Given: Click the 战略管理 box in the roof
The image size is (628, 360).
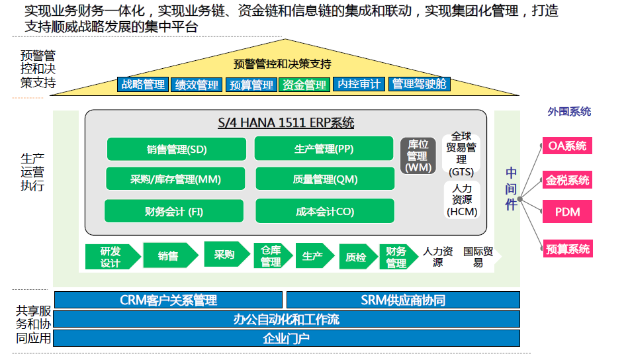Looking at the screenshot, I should tap(143, 85).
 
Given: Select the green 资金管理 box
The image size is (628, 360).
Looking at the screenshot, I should tap(304, 85).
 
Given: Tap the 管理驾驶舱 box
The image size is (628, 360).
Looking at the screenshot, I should tap(420, 84).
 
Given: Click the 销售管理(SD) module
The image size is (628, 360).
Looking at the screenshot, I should tap(177, 149).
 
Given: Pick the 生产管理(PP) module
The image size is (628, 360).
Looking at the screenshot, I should tap(324, 149).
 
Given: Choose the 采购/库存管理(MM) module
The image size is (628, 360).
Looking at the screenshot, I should tap(175, 179).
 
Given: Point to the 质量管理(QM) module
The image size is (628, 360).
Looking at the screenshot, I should tap(324, 179).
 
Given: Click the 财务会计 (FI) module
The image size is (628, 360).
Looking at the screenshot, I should tap(174, 211).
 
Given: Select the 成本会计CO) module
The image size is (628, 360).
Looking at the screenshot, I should tap(324, 211).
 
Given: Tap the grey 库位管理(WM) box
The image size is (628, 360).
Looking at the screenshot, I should tap(418, 156).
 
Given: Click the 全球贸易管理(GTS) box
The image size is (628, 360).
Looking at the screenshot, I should tap(461, 154).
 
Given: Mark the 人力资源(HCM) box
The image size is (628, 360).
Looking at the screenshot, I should tap(461, 200).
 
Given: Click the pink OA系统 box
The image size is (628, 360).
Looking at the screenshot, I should tap(567, 146).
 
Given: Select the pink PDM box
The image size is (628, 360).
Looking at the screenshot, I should tap(567, 212).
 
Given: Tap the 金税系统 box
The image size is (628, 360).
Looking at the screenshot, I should tap(567, 179).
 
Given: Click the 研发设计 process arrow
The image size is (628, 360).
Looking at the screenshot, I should tap(111, 256).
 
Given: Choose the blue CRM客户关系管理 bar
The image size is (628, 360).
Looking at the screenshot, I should tap(169, 300).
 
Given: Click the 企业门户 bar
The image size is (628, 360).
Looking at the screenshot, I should tap(286, 339).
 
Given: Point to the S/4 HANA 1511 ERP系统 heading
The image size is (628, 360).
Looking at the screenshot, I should tap(286, 122).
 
